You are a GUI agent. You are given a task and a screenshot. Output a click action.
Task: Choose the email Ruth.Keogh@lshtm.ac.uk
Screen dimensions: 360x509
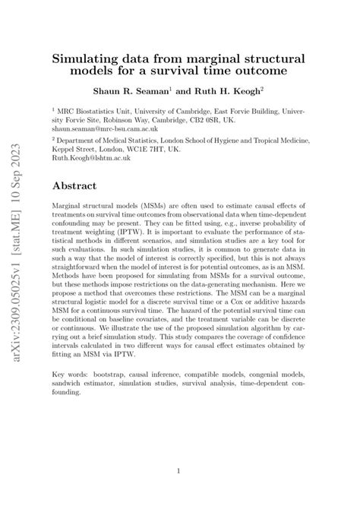click(x=87, y=160)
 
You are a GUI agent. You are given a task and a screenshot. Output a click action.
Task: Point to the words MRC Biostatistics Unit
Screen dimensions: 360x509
click(x=96, y=109)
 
